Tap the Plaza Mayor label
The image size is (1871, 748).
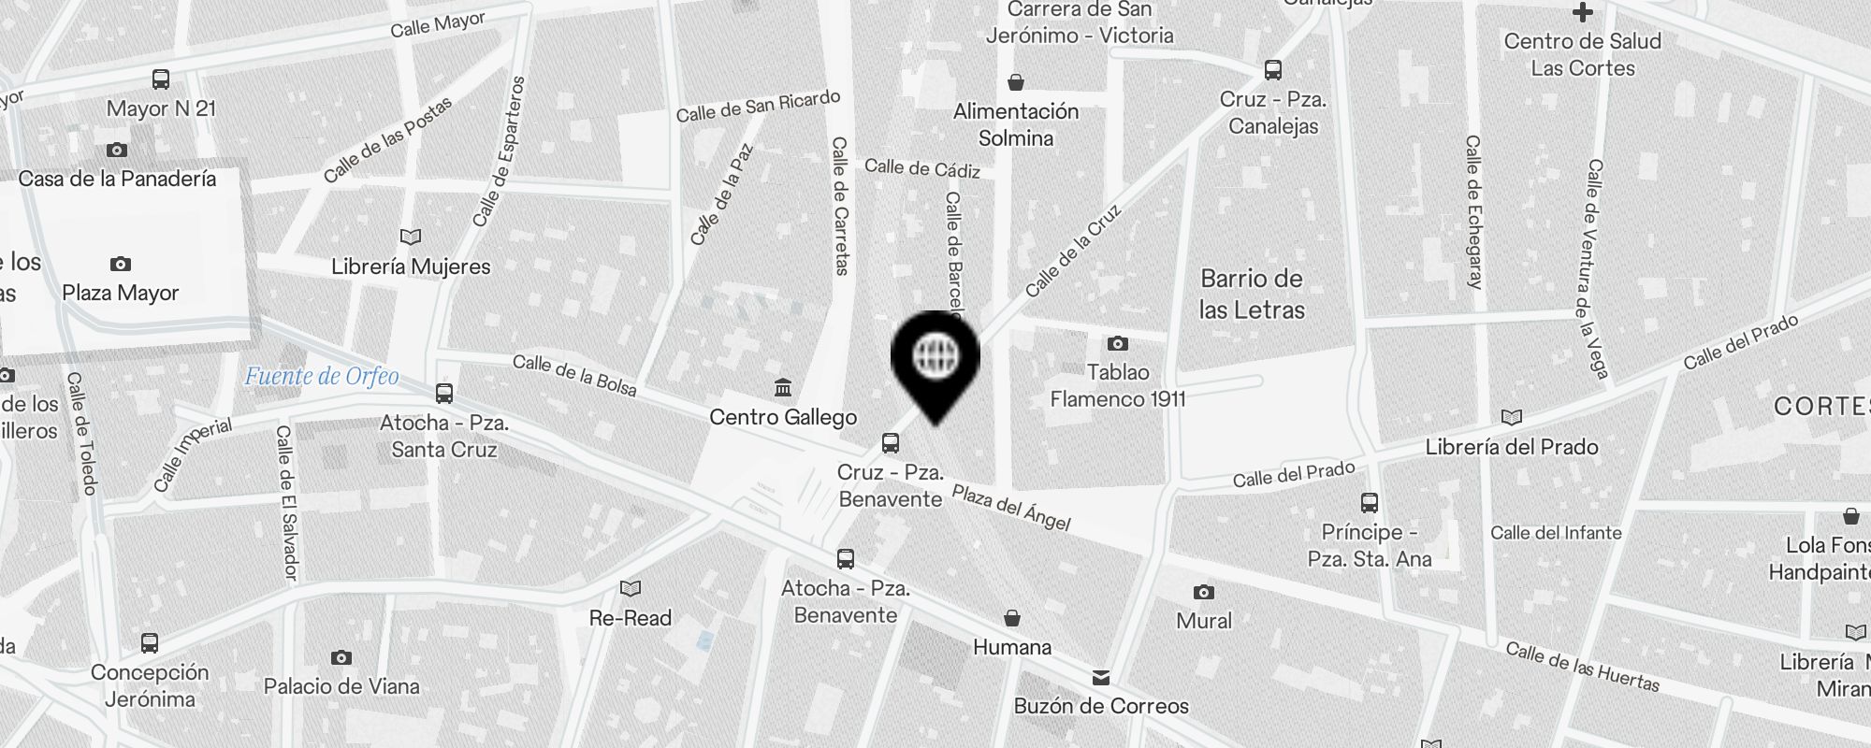click(x=121, y=293)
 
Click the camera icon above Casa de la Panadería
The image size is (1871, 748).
click(x=117, y=150)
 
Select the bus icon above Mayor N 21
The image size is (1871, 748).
click(x=161, y=79)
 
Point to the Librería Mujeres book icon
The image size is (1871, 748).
click(x=411, y=237)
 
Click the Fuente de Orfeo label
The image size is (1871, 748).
click(x=321, y=376)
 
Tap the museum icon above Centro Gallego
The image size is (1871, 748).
click(x=783, y=387)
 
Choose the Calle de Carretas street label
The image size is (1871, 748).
click(x=840, y=206)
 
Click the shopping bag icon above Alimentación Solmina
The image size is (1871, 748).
click(x=1016, y=82)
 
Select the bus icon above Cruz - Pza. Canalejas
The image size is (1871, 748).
click(x=1272, y=70)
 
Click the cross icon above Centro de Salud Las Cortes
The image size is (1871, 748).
click(x=1582, y=13)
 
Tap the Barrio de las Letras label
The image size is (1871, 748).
click(x=1252, y=294)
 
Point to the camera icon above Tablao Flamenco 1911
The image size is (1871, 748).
click(x=1117, y=343)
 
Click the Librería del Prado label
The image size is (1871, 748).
click(x=1512, y=447)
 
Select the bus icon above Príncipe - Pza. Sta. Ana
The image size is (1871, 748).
click(x=1370, y=503)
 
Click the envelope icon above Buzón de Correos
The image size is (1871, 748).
click(x=1101, y=677)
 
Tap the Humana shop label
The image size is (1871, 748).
click(x=1012, y=647)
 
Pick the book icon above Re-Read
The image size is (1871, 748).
click(x=631, y=588)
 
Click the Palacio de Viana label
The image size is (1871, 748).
click(x=341, y=686)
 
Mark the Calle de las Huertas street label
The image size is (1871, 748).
click(x=1582, y=667)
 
